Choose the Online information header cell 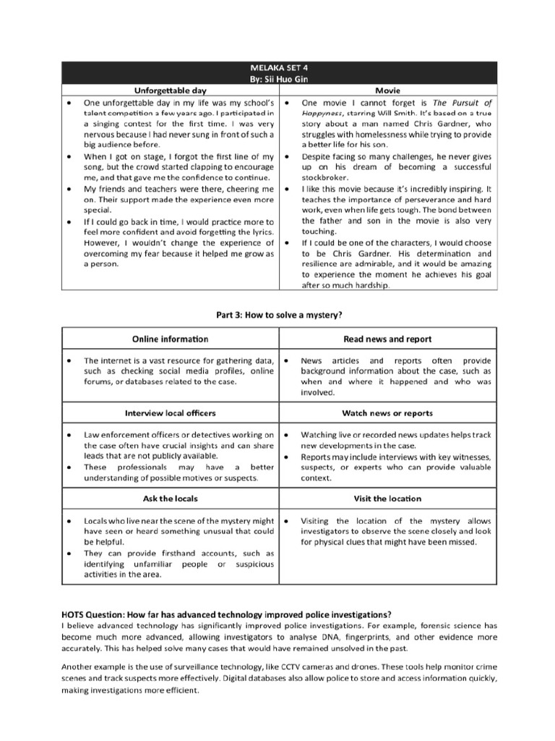(x=171, y=339)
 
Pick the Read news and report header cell (x=387, y=339)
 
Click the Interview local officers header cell (x=171, y=412)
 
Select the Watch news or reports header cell (x=387, y=412)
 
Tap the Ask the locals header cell (x=171, y=499)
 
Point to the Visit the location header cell (x=387, y=499)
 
